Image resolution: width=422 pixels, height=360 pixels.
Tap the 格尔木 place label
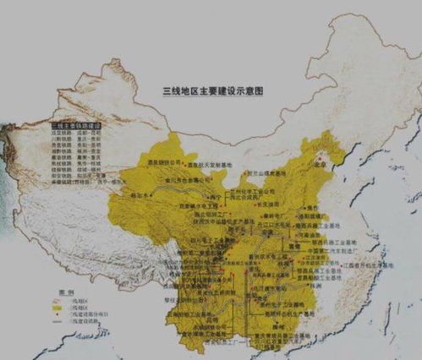click(x=140, y=194)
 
